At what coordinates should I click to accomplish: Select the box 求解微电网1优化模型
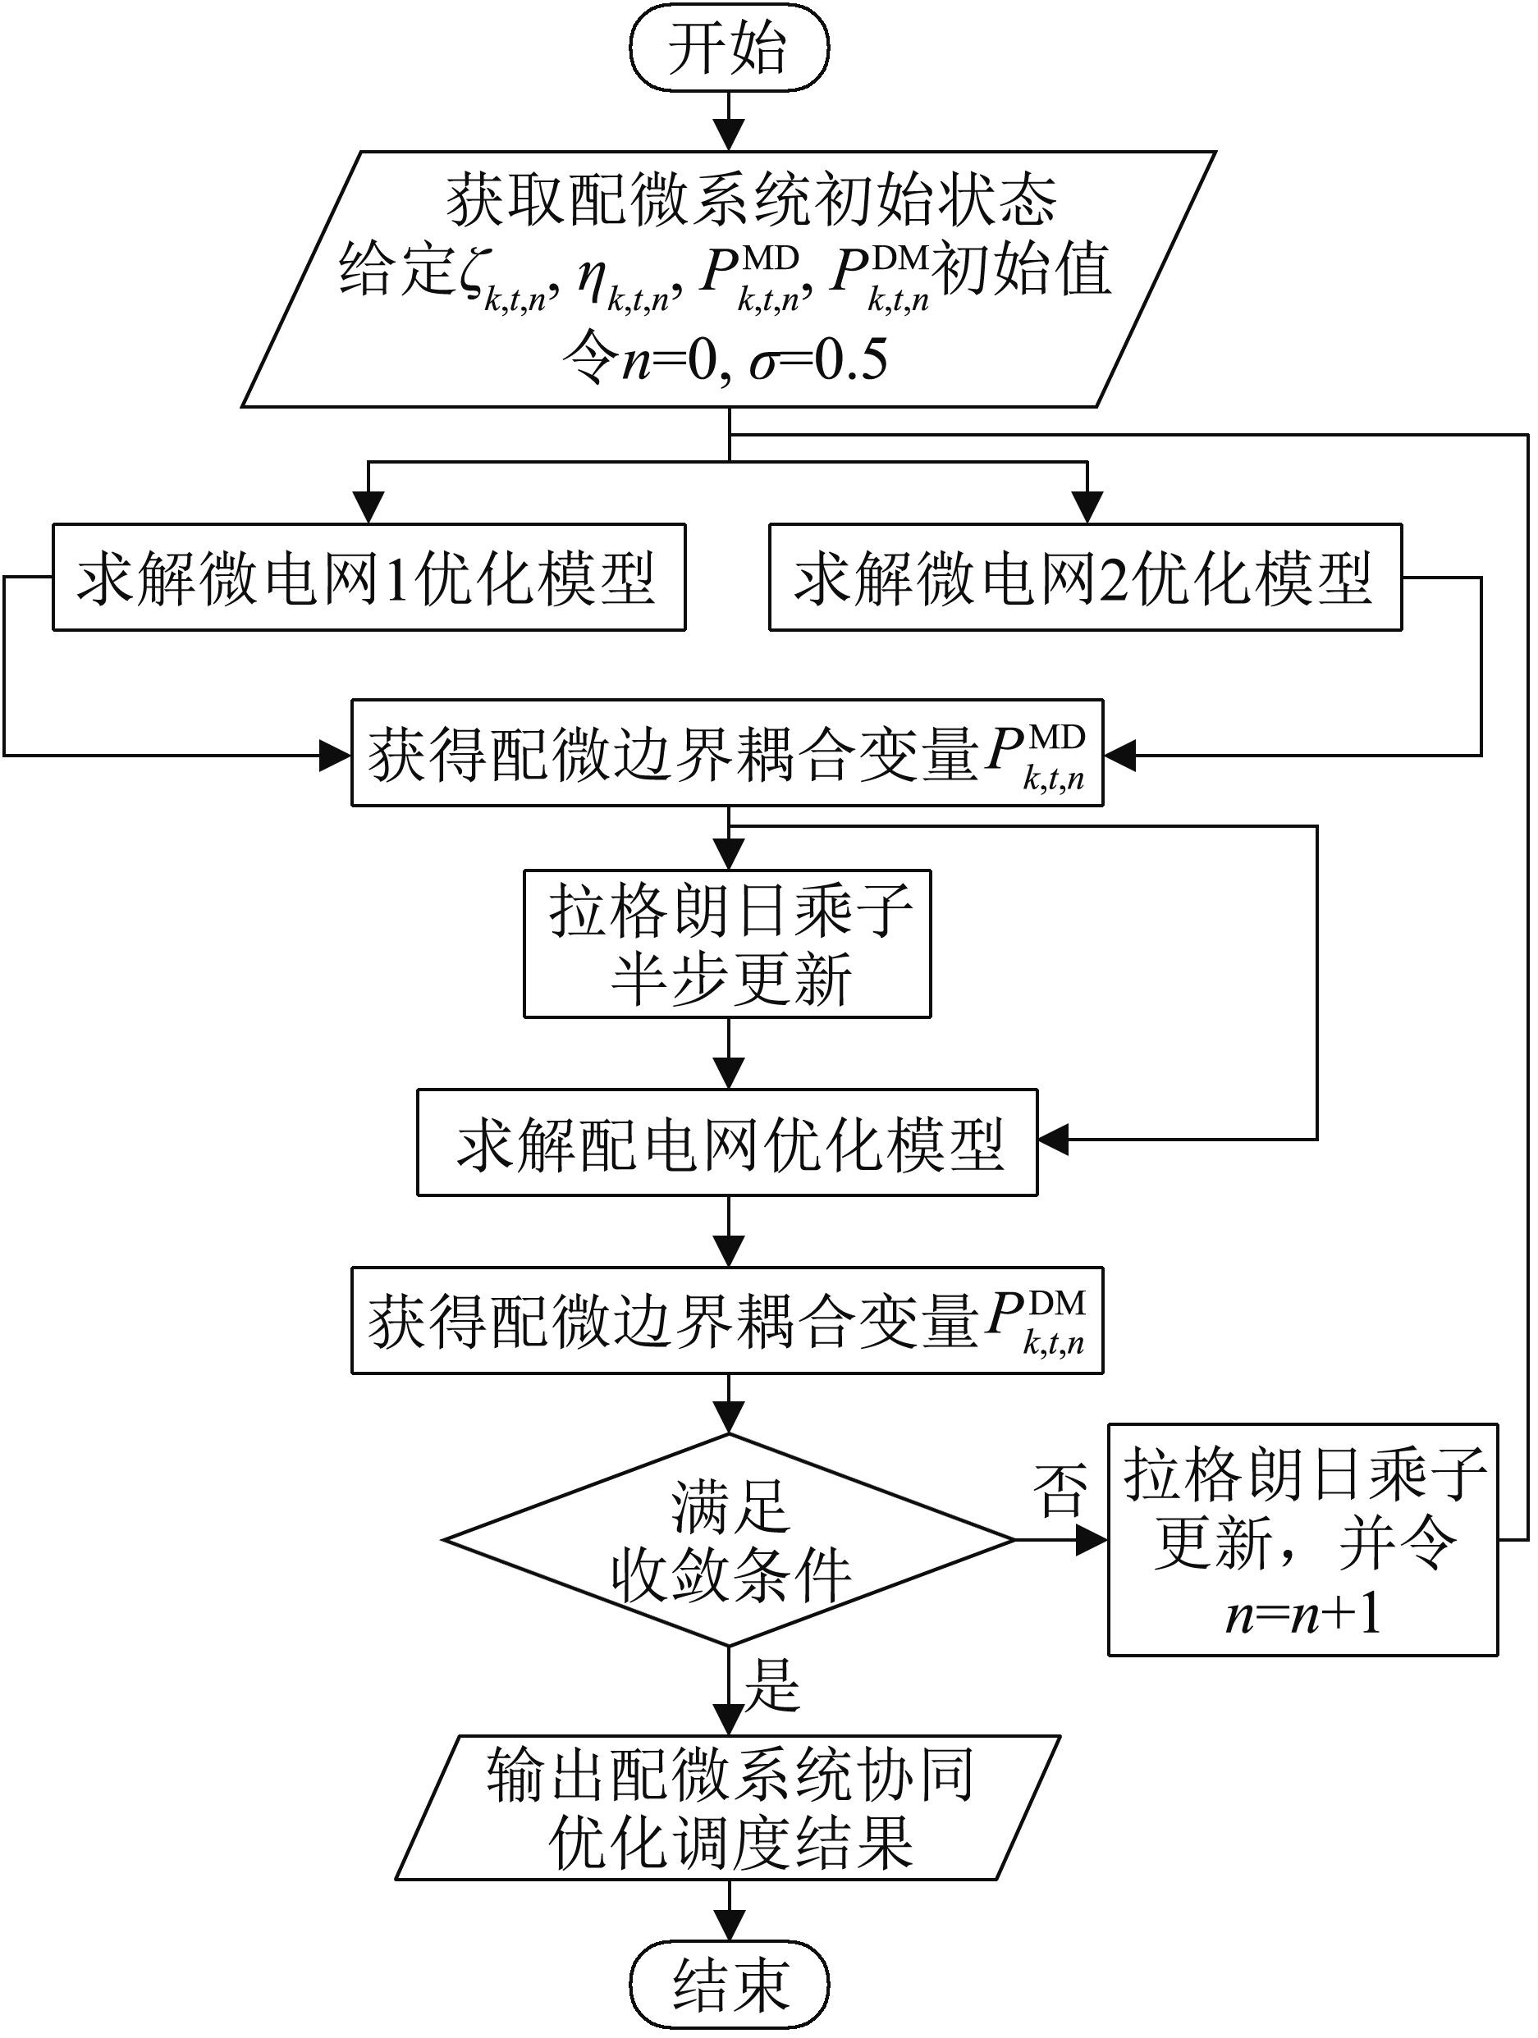point(368,578)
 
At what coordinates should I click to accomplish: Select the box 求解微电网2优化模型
point(1085,578)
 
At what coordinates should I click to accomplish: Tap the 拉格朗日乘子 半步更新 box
point(727,944)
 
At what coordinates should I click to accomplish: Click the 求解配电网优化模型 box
point(727,1142)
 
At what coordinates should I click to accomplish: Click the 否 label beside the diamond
point(1060,1491)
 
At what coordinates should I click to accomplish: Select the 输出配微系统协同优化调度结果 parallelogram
point(729,1807)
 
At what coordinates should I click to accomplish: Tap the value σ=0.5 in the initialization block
point(818,360)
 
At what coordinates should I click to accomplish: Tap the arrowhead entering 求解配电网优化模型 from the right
point(1053,1140)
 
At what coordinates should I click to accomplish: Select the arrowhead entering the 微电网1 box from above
point(368,508)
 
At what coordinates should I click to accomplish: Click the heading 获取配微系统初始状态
point(751,200)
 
